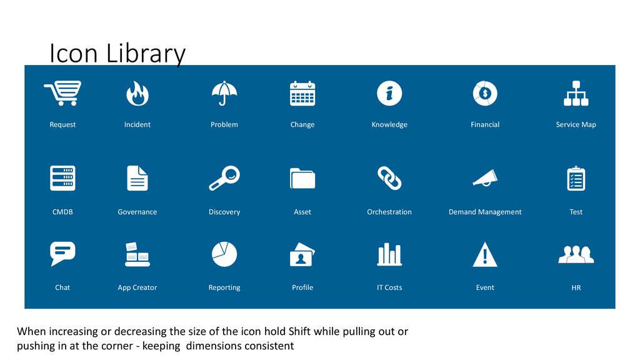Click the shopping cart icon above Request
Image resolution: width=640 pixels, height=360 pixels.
tap(62, 93)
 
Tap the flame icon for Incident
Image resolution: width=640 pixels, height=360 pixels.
tap(137, 94)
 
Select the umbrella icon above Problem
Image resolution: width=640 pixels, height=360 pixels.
tap(224, 93)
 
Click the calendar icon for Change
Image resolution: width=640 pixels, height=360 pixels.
tap(302, 94)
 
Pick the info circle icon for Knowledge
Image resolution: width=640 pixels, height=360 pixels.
tap(389, 94)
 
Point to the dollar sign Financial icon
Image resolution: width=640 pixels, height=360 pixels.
tap(485, 94)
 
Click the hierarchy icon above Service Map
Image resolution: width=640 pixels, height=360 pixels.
tap(576, 94)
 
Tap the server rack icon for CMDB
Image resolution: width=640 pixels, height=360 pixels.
tap(62, 178)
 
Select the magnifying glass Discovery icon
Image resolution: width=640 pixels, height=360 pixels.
tap(224, 178)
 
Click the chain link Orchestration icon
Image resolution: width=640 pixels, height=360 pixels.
tap(389, 178)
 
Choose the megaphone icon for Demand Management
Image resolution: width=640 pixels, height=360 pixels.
tap(485, 178)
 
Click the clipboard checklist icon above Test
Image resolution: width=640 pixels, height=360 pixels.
tap(576, 178)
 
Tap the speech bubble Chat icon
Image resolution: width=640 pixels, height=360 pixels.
tap(62, 253)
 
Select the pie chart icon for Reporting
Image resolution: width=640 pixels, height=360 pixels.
tap(224, 254)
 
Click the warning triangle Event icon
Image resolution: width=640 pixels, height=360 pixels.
tap(485, 254)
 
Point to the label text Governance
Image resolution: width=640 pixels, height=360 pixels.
tap(137, 212)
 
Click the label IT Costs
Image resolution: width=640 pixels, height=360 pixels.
tap(389, 287)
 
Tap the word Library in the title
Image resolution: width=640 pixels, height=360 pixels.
tap(146, 54)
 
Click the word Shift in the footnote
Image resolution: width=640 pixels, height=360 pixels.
tap(300, 331)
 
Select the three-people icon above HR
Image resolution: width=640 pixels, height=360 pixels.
tap(576, 254)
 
